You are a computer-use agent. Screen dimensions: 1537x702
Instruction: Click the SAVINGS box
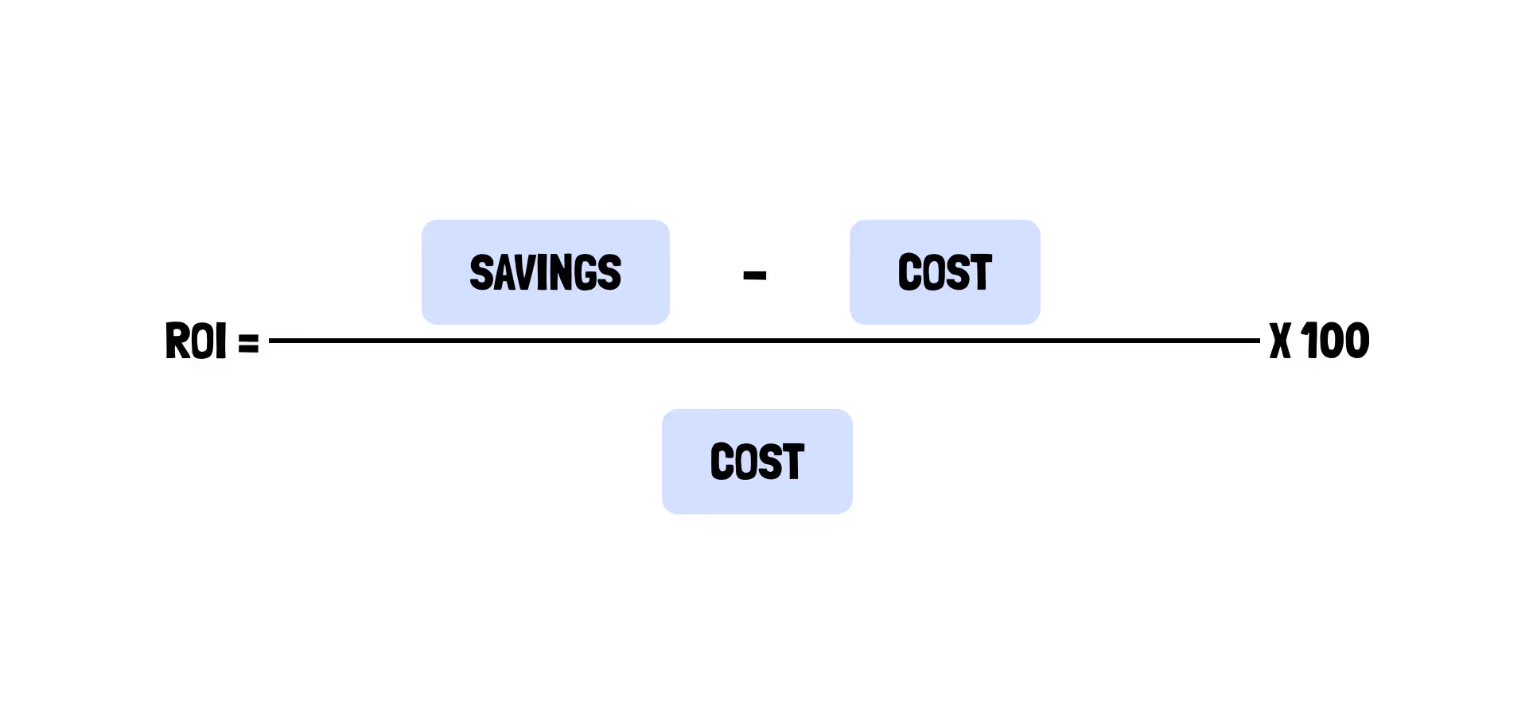(545, 272)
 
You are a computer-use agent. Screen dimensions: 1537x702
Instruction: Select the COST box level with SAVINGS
(944, 272)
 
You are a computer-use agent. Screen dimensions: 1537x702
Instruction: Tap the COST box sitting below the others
(757, 462)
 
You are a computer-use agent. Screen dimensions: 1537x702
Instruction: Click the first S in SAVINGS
(481, 273)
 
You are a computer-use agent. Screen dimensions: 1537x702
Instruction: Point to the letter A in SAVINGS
(503, 273)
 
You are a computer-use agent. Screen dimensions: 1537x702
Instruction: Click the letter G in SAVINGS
(586, 273)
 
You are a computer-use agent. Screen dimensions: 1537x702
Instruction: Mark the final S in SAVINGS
(609, 273)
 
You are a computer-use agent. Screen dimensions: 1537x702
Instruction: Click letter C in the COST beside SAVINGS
(909, 273)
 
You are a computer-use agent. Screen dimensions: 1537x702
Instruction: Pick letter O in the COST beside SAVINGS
(933, 273)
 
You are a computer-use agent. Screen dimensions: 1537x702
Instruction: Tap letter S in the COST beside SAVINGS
(957, 273)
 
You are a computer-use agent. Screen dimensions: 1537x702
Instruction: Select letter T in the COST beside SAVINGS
(980, 273)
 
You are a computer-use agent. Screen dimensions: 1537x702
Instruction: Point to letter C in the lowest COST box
(722, 462)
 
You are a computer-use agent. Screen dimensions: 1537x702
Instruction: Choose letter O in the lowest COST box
(745, 462)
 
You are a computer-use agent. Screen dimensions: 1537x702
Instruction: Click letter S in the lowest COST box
(769, 462)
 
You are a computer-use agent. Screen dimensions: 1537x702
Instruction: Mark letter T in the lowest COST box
(792, 462)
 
